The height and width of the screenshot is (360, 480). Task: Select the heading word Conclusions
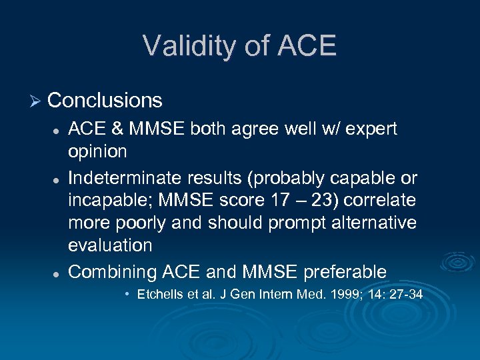[x=105, y=101]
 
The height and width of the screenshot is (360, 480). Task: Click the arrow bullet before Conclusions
[x=35, y=101]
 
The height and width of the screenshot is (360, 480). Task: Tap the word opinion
[x=97, y=151]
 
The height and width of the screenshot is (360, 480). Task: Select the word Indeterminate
[x=127, y=179]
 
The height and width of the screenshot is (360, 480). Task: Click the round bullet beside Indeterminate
[x=58, y=179]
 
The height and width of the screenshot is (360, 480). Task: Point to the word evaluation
[x=110, y=245]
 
